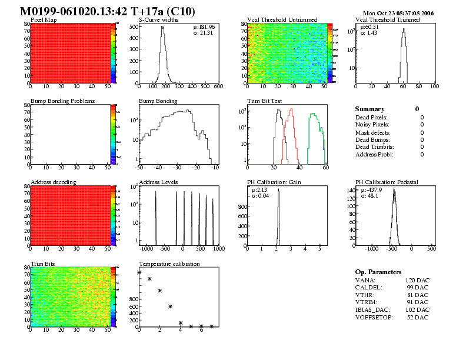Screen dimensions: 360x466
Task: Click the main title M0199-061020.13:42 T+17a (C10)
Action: (x=108, y=12)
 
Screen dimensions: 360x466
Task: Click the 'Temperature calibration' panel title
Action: (x=169, y=264)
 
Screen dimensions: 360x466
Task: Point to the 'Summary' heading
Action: (x=370, y=109)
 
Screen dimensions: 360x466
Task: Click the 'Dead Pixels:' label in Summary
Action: (x=372, y=117)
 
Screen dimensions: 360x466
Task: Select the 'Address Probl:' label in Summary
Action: (x=374, y=154)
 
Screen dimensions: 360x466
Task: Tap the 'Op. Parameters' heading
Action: (x=378, y=272)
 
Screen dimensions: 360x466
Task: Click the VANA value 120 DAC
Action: (x=417, y=280)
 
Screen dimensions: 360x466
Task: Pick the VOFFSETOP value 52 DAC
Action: (x=418, y=318)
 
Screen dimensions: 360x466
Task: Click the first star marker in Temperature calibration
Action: (x=139, y=272)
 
